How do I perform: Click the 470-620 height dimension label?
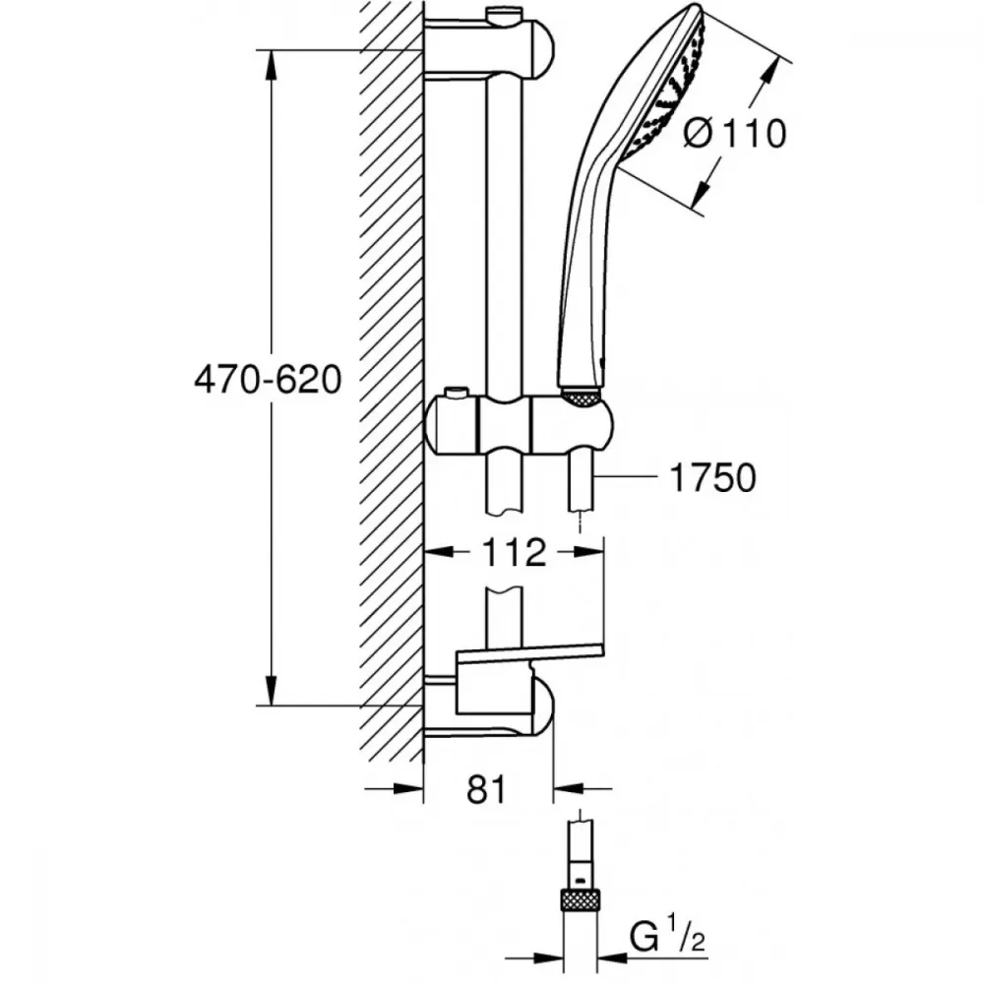click(x=268, y=380)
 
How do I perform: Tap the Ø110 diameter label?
click(x=735, y=134)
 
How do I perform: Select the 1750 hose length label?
click(x=712, y=477)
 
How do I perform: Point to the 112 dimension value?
click(x=514, y=552)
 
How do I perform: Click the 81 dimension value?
click(x=486, y=789)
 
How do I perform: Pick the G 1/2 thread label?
click(x=667, y=938)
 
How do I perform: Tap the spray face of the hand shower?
click(x=666, y=88)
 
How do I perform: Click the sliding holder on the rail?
click(x=519, y=426)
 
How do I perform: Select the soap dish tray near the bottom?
click(x=530, y=652)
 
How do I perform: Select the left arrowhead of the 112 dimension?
click(x=440, y=552)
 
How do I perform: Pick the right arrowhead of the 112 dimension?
click(x=588, y=552)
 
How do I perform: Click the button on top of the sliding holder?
click(x=457, y=394)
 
